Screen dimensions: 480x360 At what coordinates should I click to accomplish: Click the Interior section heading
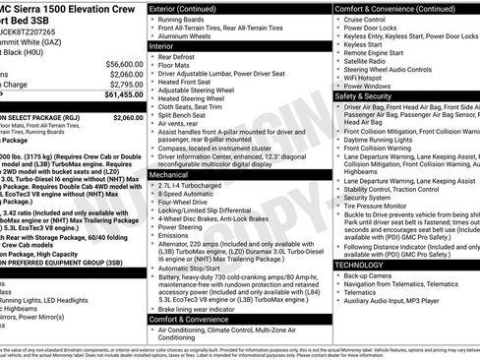pyautogui.click(x=168, y=46)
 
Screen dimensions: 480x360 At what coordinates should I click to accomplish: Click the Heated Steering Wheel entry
pyautogui.click(x=200, y=98)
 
